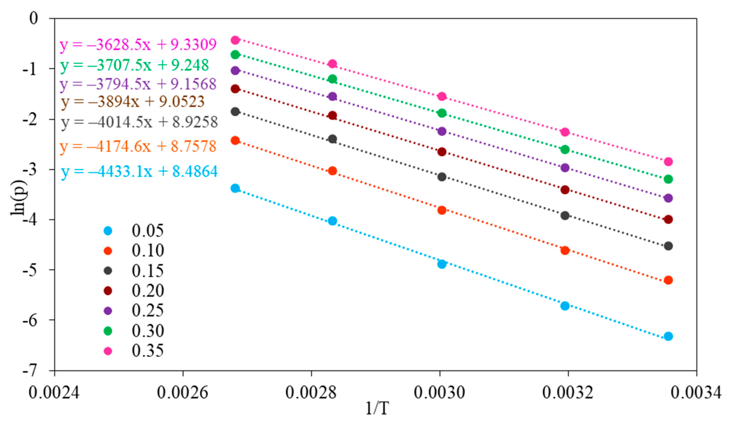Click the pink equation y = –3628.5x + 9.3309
click(x=138, y=45)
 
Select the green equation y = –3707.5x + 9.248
click(x=134, y=65)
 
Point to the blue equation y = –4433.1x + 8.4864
click(x=139, y=171)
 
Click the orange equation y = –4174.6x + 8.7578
click(x=138, y=146)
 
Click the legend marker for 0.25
click(x=108, y=311)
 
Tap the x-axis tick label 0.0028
click(x=311, y=393)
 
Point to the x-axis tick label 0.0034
click(x=696, y=393)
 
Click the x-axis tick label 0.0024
click(x=54, y=393)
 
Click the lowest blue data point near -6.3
click(x=668, y=336)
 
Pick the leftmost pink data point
click(x=235, y=40)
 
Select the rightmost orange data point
click(x=668, y=280)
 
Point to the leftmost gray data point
click(x=235, y=111)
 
